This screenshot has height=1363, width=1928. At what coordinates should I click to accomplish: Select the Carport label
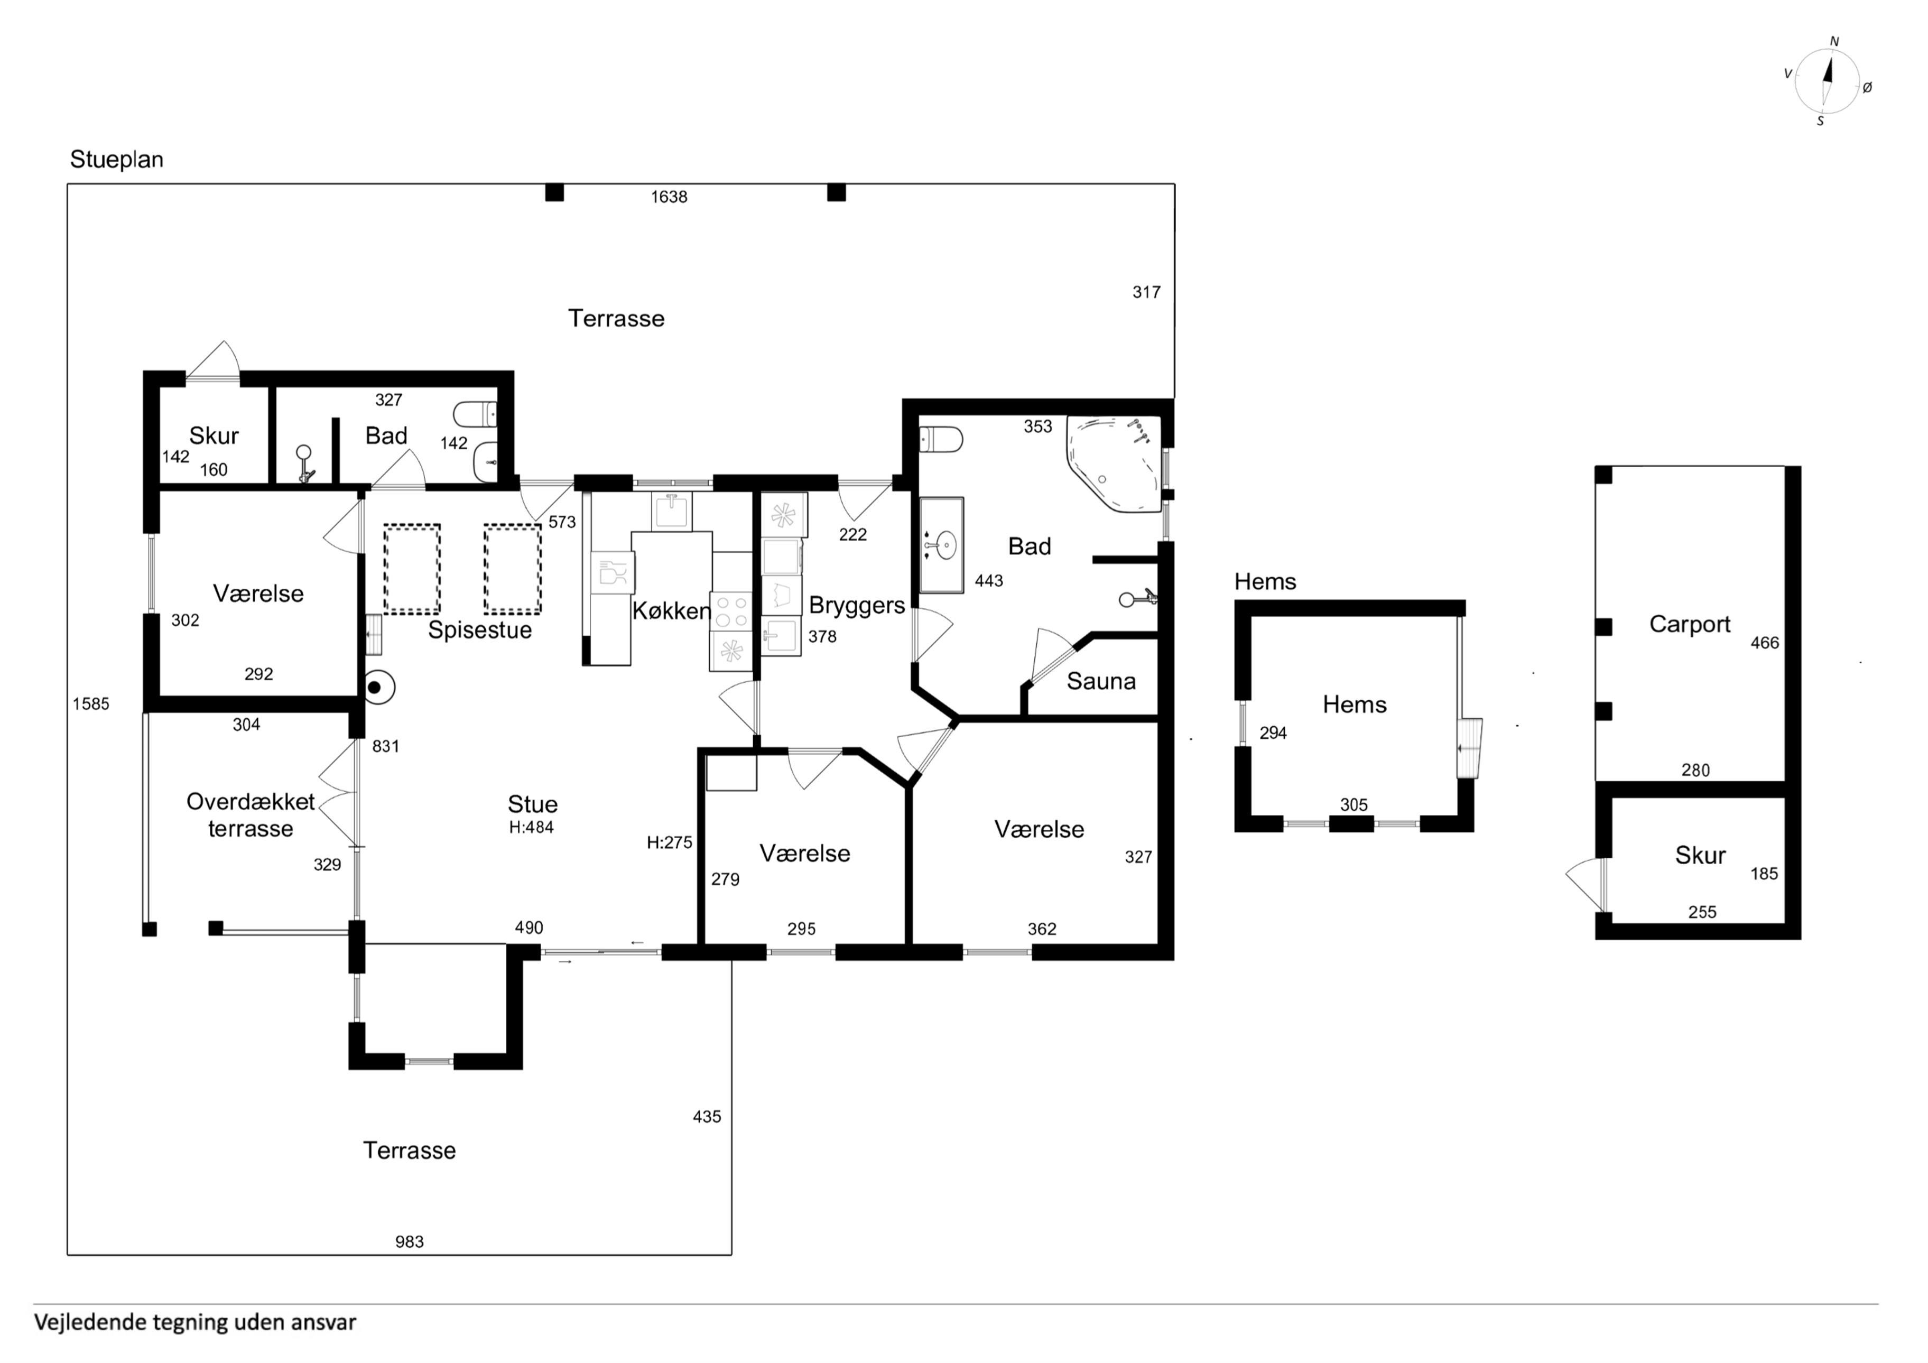tap(1690, 624)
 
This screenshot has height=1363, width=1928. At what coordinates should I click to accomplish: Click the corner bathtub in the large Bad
tap(1114, 463)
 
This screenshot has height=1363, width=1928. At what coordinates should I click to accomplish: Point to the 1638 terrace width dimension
tap(669, 197)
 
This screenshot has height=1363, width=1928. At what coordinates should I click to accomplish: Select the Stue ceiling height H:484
tap(532, 827)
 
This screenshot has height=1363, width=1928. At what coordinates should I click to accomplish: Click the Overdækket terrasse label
tap(250, 814)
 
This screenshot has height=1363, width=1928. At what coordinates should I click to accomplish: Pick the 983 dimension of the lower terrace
tap(410, 1242)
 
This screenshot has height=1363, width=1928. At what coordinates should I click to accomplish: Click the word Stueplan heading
tap(117, 160)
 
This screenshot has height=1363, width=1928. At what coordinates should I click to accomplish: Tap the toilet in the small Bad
tap(475, 414)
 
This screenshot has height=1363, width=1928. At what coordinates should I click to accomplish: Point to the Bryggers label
tap(857, 606)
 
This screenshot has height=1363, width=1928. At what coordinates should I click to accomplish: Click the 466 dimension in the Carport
tap(1764, 643)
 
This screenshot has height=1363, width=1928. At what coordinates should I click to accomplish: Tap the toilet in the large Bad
tap(941, 439)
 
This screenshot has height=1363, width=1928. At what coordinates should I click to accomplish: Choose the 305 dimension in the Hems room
tap(1354, 804)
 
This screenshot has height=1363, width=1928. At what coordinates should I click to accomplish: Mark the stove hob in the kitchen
tap(731, 611)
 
